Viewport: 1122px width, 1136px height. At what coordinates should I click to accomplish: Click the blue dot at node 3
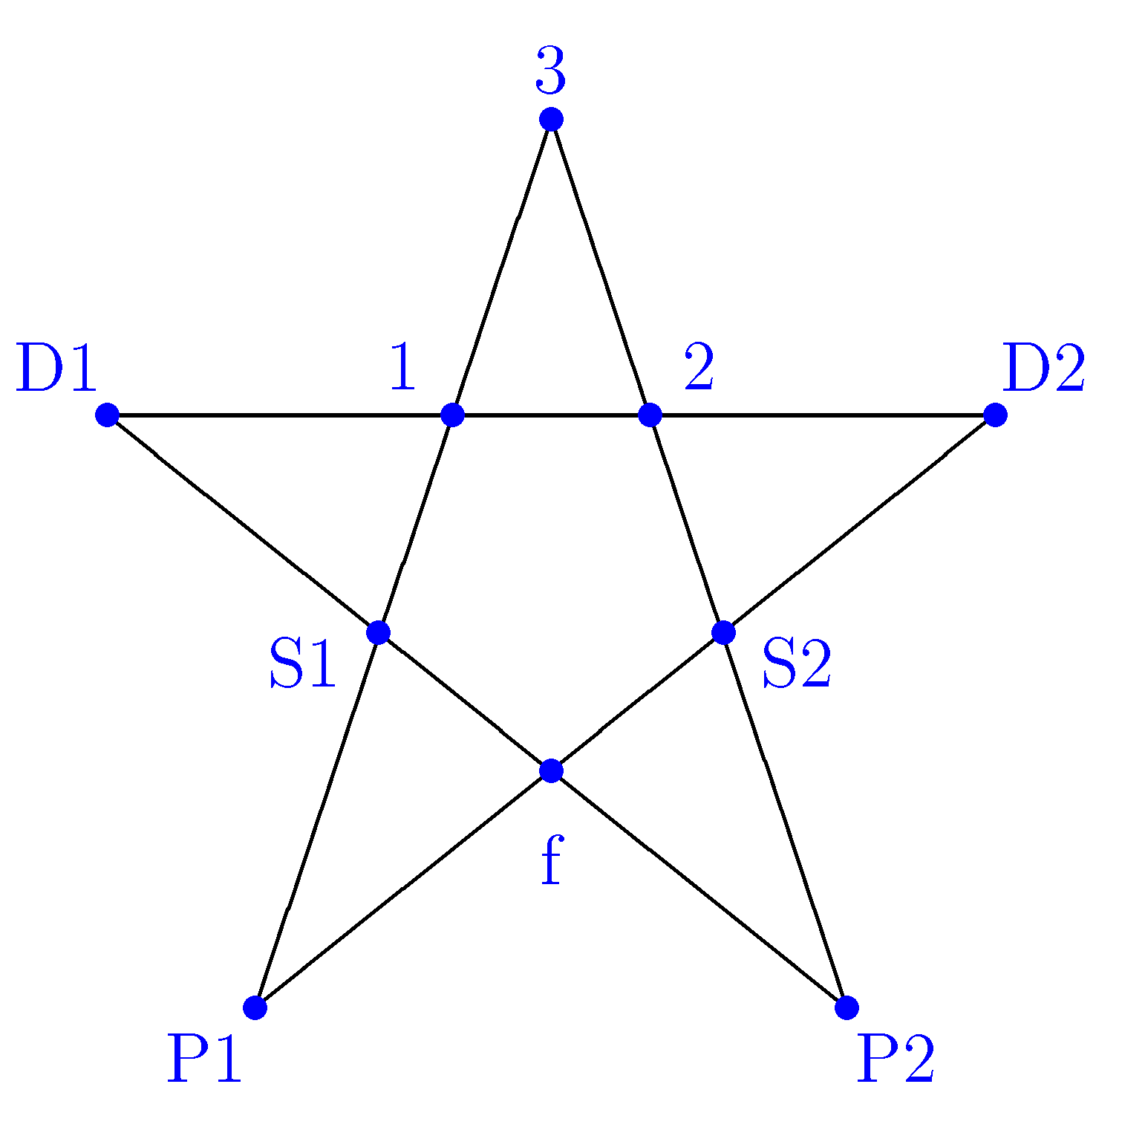point(551,119)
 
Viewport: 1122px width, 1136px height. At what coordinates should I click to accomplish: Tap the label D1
point(56,369)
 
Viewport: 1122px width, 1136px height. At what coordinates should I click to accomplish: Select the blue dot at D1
point(108,415)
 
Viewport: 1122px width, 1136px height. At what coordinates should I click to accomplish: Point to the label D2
point(1043,369)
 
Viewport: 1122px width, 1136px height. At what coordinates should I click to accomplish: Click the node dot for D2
point(995,415)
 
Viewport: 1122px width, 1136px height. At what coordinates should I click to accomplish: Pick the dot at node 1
point(452,415)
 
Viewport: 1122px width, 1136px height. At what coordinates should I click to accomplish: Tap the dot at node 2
point(650,415)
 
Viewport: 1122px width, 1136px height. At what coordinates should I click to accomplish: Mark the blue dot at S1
point(379,632)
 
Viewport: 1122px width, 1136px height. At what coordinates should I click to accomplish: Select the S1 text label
point(303,664)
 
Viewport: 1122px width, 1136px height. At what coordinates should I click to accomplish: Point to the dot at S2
point(723,632)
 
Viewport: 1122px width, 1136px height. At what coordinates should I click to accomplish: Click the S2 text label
point(797,664)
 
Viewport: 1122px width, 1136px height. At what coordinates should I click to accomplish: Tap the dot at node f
point(551,770)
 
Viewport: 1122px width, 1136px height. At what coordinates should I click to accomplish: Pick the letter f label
point(551,860)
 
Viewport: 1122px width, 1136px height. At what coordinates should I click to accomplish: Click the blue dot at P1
point(255,1007)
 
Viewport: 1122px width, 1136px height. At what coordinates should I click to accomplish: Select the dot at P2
point(847,1007)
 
